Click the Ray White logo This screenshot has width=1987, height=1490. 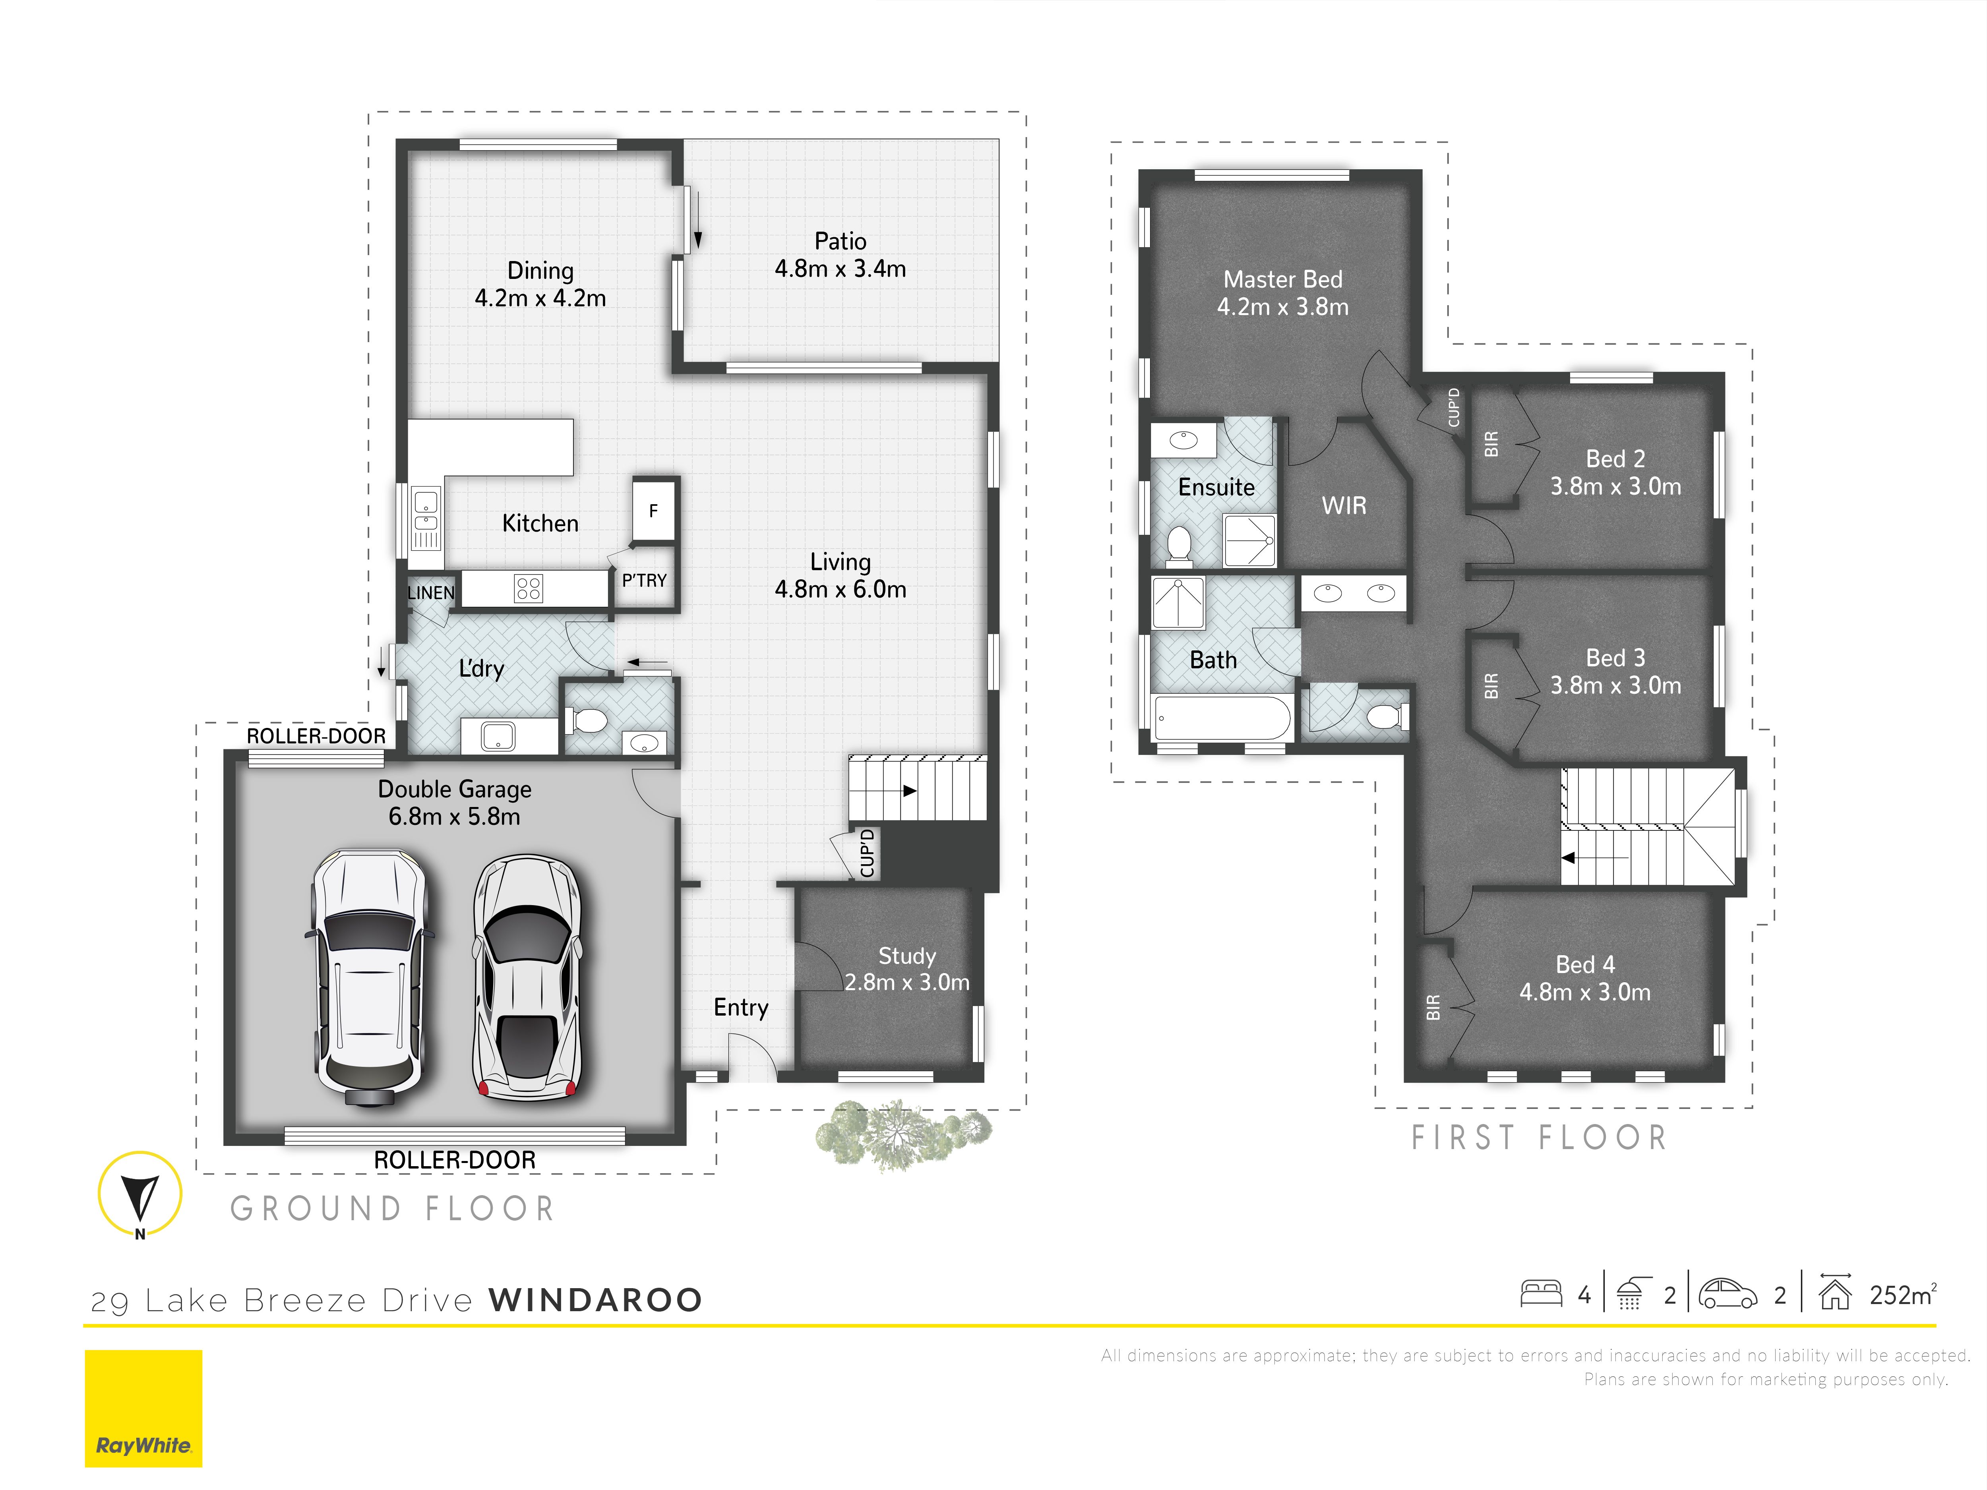coord(144,1408)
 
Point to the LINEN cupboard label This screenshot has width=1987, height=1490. coord(431,593)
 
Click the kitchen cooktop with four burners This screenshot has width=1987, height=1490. coord(528,588)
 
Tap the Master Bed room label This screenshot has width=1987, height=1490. coord(1283,279)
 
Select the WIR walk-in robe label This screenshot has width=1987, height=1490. coord(1344,506)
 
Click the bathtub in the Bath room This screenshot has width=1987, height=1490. coord(1222,718)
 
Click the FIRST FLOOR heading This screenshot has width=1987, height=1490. coord(1539,1138)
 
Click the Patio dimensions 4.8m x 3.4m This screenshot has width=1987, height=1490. coord(840,269)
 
